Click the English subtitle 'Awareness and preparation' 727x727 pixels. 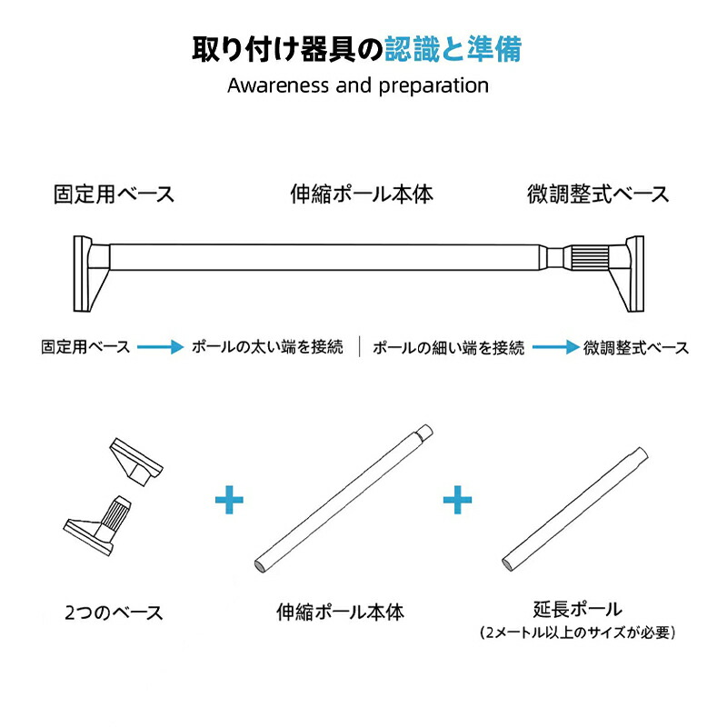tap(358, 85)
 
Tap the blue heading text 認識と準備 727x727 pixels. tap(453, 49)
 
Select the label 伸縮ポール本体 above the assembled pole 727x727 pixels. tap(362, 194)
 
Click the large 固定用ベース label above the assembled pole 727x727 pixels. tap(115, 194)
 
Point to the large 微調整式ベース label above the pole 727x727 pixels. tap(598, 194)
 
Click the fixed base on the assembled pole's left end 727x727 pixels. tap(92, 274)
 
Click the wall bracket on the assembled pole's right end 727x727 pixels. tap(627, 274)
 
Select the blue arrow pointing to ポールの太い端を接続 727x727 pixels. tap(161, 347)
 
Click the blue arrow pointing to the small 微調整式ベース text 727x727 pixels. tap(556, 347)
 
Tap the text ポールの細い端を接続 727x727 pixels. tap(448, 347)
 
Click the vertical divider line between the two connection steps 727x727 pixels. tap(359, 346)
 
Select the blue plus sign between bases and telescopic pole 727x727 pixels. tap(230, 499)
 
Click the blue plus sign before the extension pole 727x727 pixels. tap(457, 499)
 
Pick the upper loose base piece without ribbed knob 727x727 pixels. tap(136, 462)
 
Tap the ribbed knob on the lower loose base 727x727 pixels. tap(116, 513)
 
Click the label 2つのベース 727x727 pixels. tap(115, 612)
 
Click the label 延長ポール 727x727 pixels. tap(578, 609)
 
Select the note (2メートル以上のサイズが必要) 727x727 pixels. tap(578, 632)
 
